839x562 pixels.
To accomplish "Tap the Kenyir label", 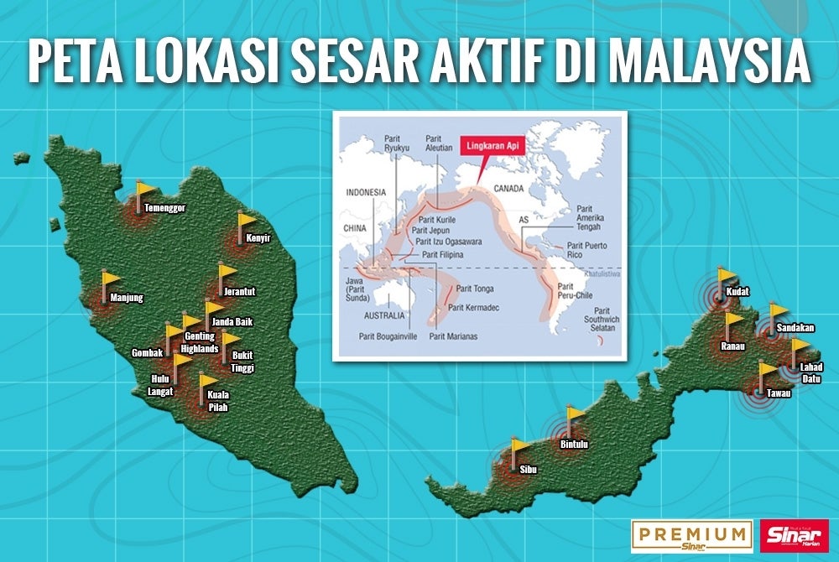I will pyautogui.click(x=260, y=238).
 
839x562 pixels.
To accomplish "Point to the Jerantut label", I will pyautogui.click(x=239, y=292).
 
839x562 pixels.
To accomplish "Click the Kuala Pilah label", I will pyautogui.click(x=217, y=401).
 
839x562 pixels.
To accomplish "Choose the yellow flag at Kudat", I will pyautogui.click(x=727, y=278).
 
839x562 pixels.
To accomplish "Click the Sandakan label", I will pyautogui.click(x=795, y=328).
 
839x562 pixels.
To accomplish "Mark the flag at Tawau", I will pyautogui.click(x=767, y=372).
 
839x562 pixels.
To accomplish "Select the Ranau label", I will pyautogui.click(x=732, y=346).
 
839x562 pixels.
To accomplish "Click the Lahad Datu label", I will pyautogui.click(x=811, y=372).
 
